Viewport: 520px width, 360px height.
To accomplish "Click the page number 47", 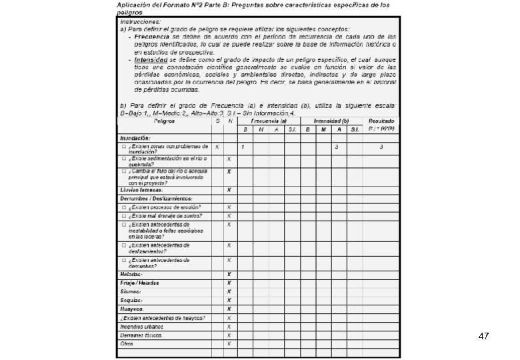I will (484, 337).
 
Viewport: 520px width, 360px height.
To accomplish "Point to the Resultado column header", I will (381, 121).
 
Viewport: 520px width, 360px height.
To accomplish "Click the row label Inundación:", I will (135, 138).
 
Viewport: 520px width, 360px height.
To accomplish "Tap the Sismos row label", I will (130, 291).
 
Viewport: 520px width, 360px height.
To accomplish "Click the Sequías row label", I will (131, 300).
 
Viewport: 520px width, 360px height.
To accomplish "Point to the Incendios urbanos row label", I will (141, 327).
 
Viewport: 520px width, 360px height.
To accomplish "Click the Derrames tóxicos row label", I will (141, 335).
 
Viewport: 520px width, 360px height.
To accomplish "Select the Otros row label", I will (127, 344).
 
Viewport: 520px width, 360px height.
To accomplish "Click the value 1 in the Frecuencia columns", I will (243, 147).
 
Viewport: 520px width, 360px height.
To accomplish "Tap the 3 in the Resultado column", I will (381, 147).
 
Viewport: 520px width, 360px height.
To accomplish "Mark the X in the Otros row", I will (229, 344).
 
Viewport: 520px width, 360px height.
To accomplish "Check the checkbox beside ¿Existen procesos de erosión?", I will (124, 207).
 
